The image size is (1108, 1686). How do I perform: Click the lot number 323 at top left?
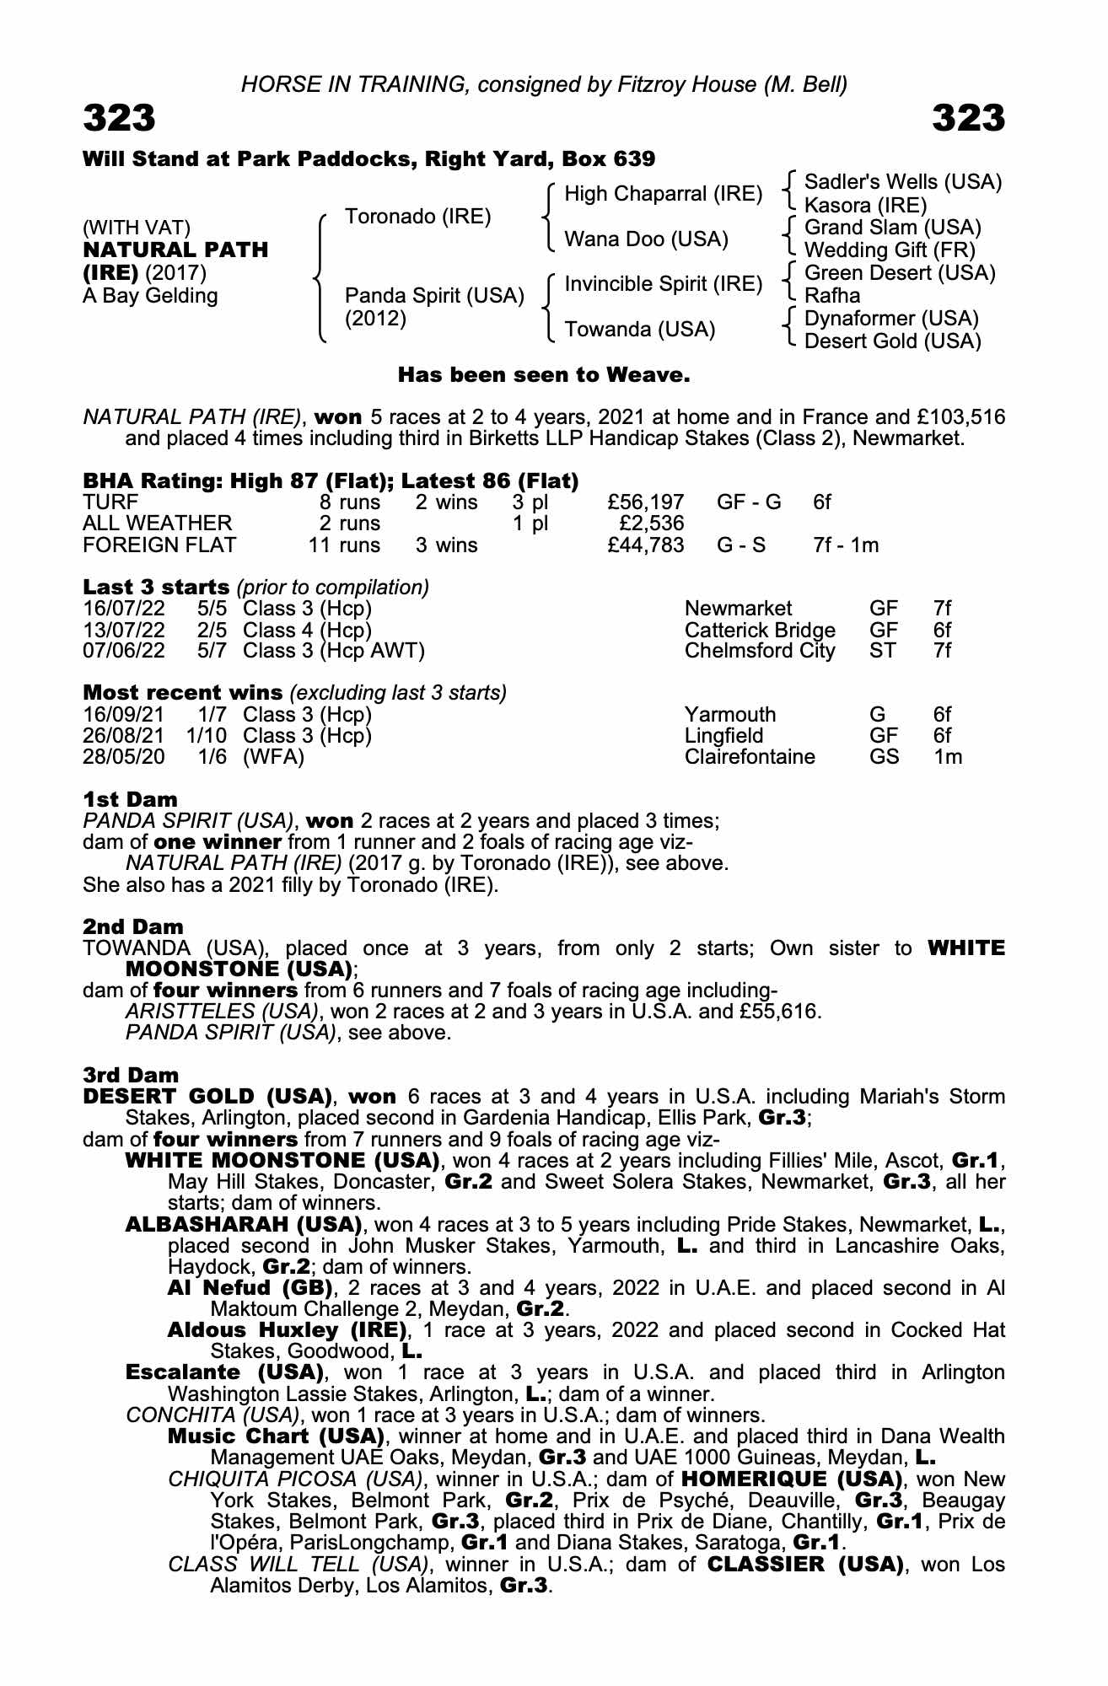click(119, 119)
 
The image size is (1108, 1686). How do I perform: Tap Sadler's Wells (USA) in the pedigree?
click(902, 182)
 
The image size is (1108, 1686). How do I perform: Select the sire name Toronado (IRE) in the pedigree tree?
click(417, 217)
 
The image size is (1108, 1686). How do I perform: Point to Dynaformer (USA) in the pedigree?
click(891, 319)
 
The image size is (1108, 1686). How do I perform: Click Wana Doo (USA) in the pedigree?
click(646, 239)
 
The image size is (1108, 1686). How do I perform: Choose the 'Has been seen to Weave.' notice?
click(544, 375)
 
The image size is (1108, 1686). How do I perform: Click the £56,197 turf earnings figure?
click(645, 502)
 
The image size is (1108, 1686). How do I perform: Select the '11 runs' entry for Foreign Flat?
click(344, 545)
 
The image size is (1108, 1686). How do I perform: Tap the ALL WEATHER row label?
click(157, 524)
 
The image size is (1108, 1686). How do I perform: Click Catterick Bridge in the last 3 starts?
click(759, 630)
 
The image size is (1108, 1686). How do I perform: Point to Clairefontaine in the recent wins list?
click(750, 756)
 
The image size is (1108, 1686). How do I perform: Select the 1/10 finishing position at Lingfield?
click(207, 735)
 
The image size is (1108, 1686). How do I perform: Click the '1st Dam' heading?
click(130, 799)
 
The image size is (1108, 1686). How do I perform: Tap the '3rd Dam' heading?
click(131, 1075)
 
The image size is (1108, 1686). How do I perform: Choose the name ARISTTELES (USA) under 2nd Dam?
click(222, 1011)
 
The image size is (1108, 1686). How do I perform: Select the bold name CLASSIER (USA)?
click(800, 1565)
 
